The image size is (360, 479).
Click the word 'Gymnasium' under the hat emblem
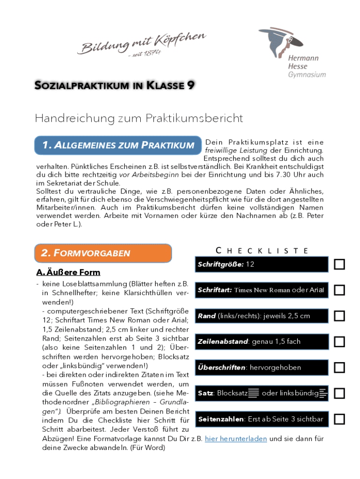[x=307, y=74]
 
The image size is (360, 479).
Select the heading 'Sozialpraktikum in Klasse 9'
[x=115, y=85]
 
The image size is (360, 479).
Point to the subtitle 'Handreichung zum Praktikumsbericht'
[x=139, y=118]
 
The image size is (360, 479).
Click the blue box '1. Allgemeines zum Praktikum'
[x=118, y=145]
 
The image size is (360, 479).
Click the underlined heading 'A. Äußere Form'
[x=68, y=272]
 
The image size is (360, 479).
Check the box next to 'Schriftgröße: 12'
[x=339, y=264]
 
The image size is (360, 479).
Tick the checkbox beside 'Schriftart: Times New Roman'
[x=339, y=290]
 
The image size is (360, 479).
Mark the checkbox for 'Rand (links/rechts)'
[x=339, y=316]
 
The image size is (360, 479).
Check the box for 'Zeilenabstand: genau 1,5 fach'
[x=339, y=341]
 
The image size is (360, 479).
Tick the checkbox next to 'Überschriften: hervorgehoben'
[x=339, y=367]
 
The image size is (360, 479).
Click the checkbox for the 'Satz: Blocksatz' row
[x=339, y=393]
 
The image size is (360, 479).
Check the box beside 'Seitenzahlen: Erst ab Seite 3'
[x=339, y=419]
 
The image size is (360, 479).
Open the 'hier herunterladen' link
[x=236, y=439]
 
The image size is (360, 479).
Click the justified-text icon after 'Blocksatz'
[x=254, y=393]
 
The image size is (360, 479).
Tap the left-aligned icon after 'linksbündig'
[x=324, y=393]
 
